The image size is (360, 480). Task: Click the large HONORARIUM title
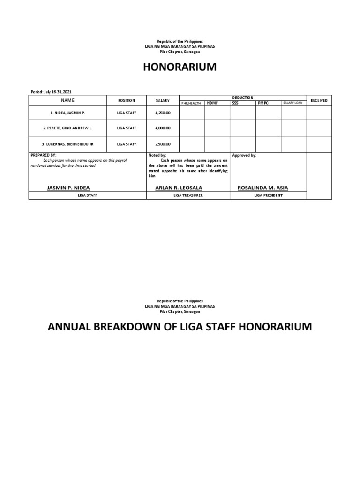pyautogui.click(x=180, y=67)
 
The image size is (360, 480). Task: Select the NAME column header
pyautogui.click(x=67, y=100)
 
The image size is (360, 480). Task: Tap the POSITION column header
pyautogui.click(x=127, y=100)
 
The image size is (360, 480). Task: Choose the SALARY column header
pyautogui.click(x=163, y=100)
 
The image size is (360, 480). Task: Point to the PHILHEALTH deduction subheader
pyautogui.click(x=192, y=103)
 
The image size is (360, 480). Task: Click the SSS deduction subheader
pyautogui.click(x=235, y=103)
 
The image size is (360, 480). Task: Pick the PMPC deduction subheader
pyautogui.click(x=263, y=103)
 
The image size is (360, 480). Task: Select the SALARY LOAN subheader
pyautogui.click(x=292, y=103)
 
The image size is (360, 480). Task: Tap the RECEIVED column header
pyautogui.click(x=319, y=100)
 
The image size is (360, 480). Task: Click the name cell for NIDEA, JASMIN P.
pyautogui.click(x=68, y=113)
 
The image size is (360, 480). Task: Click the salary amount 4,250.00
pyautogui.click(x=163, y=113)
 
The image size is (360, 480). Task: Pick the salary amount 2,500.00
pyautogui.click(x=163, y=144)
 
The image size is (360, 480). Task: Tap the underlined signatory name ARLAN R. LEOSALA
pyautogui.click(x=179, y=187)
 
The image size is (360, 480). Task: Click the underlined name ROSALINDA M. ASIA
pyautogui.click(x=262, y=187)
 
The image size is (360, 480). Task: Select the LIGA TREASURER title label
pyautogui.click(x=188, y=195)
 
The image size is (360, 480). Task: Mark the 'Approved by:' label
pyautogui.click(x=244, y=155)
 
